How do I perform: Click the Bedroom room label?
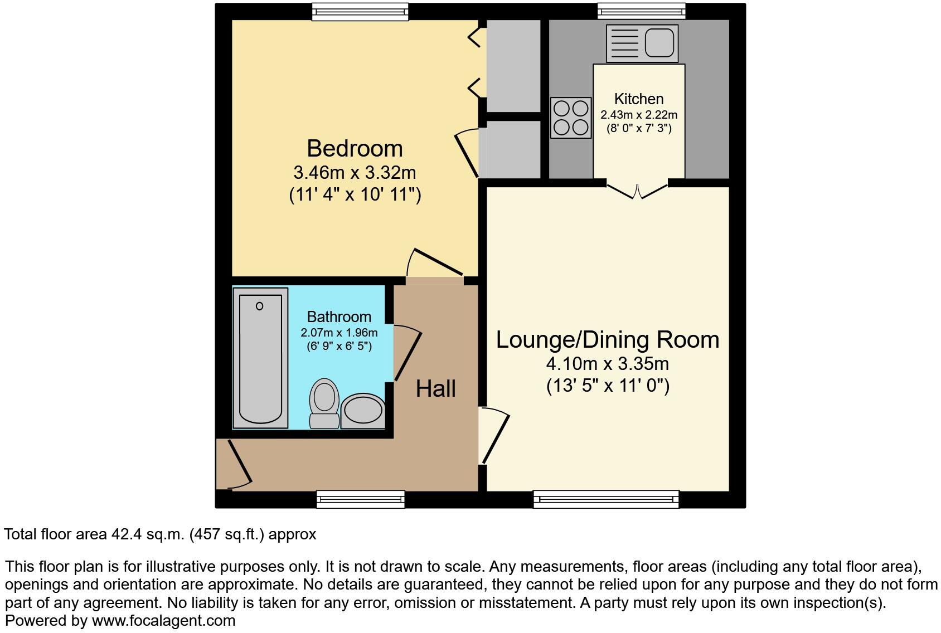pyautogui.click(x=355, y=149)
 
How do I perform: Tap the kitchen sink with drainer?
pyautogui.click(x=642, y=43)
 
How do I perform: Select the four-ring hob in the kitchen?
pyautogui.click(x=571, y=118)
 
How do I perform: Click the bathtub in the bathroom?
pyautogui.click(x=260, y=358)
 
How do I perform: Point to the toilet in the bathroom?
pyautogui.click(x=324, y=404)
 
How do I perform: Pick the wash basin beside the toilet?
pyautogui.click(x=363, y=411)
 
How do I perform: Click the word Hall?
pyautogui.click(x=436, y=389)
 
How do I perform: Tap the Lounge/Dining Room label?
pyautogui.click(x=608, y=340)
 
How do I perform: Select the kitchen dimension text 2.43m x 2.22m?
pyautogui.click(x=639, y=115)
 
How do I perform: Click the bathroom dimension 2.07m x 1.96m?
pyautogui.click(x=339, y=333)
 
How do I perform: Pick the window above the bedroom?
pyautogui.click(x=360, y=11)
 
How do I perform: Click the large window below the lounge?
pyautogui.click(x=606, y=499)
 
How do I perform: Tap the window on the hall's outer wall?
pyautogui.click(x=360, y=499)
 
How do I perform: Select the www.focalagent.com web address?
pyautogui.click(x=163, y=621)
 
